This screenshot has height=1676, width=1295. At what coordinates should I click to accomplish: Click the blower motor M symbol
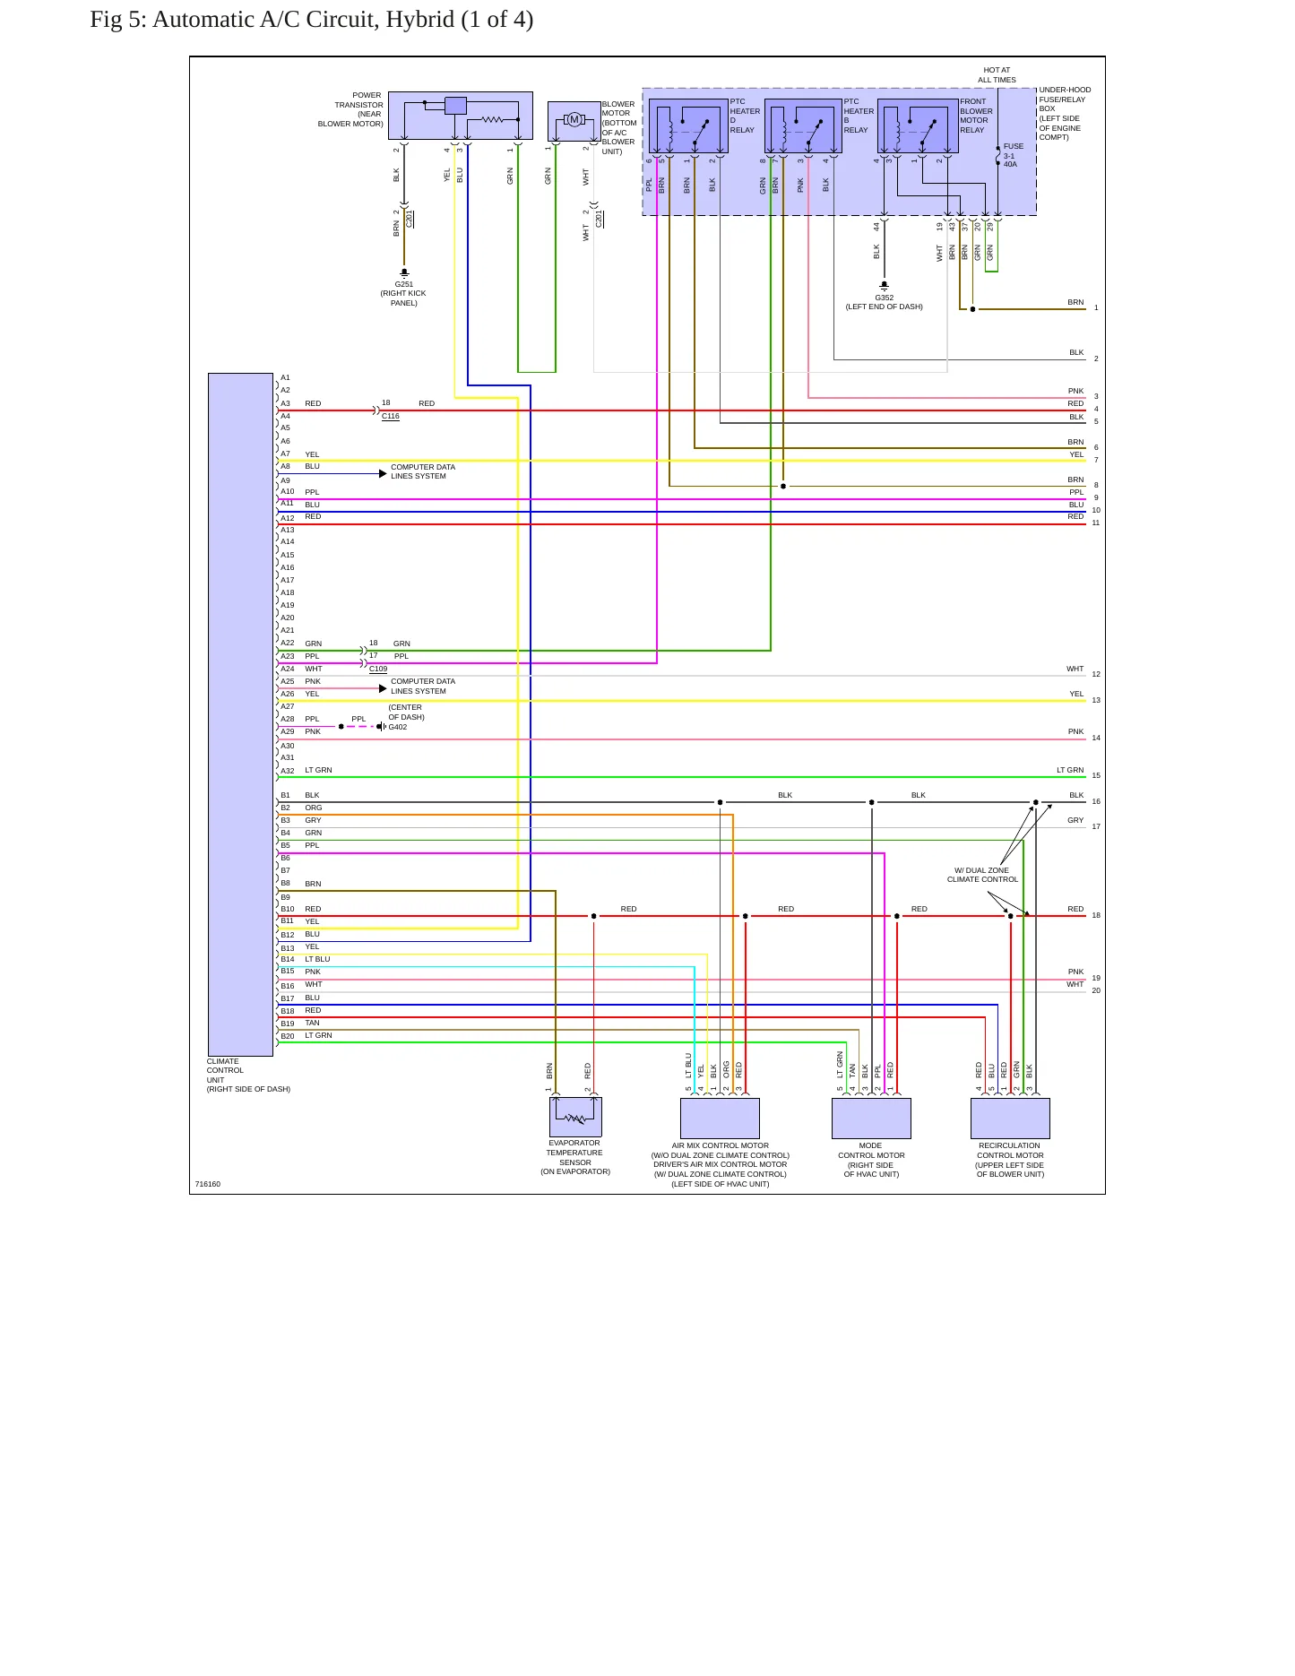[574, 119]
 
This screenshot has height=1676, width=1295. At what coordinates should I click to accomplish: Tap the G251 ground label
[404, 284]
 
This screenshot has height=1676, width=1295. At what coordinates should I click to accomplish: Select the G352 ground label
[885, 298]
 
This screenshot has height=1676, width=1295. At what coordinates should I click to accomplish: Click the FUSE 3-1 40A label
[1012, 155]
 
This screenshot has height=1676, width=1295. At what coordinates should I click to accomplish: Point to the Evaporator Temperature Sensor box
[575, 1117]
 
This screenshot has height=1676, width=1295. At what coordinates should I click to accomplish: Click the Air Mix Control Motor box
[720, 1119]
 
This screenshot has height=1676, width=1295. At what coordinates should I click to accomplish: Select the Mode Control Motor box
[871, 1119]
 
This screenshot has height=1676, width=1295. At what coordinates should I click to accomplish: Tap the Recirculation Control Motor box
[1010, 1119]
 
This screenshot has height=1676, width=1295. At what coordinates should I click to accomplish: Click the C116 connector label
[391, 416]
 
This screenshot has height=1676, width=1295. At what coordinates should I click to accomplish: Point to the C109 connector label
[378, 669]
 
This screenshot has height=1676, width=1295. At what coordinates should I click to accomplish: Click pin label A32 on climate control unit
[288, 771]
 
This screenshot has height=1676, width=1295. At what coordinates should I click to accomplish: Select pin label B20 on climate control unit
[288, 1036]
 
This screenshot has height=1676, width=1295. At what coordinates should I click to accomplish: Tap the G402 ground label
[398, 727]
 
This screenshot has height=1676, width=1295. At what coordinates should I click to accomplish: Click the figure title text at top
[312, 20]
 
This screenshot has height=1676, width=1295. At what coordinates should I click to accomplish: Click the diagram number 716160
[208, 1184]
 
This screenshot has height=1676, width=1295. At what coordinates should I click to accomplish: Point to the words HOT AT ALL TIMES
[997, 74]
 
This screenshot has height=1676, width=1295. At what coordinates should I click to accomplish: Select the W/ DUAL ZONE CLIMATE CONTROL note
[982, 875]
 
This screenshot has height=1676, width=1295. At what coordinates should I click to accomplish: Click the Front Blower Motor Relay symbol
[918, 125]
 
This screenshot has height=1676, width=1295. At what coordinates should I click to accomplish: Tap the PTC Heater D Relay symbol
[688, 125]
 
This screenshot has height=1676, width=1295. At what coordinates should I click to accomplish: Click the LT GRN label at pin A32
[318, 770]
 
